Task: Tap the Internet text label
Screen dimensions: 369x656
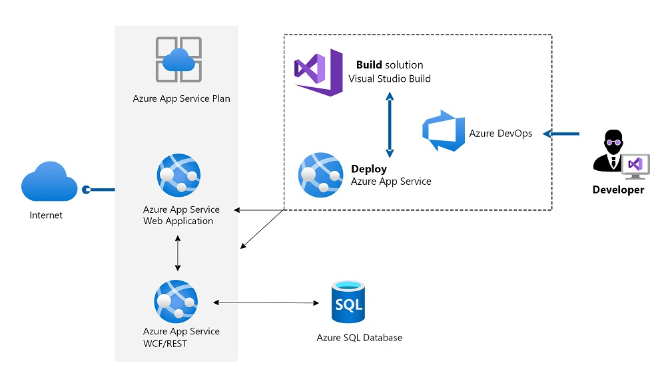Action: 46,215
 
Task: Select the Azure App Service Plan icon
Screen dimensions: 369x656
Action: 178,60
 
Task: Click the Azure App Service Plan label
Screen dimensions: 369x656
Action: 181,99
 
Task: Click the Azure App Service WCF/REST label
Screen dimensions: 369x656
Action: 181,336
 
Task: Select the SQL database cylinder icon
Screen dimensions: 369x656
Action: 348,303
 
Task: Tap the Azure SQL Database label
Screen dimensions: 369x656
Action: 359,338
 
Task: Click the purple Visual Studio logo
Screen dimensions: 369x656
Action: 319,72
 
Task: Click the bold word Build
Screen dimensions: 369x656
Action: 369,65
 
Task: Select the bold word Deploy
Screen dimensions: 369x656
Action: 369,169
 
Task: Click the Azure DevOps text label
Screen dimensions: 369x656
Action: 501,133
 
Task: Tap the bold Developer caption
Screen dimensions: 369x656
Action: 618,190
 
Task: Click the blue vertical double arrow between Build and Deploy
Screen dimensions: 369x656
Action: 390,124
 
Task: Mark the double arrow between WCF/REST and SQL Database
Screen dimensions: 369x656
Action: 266,303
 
